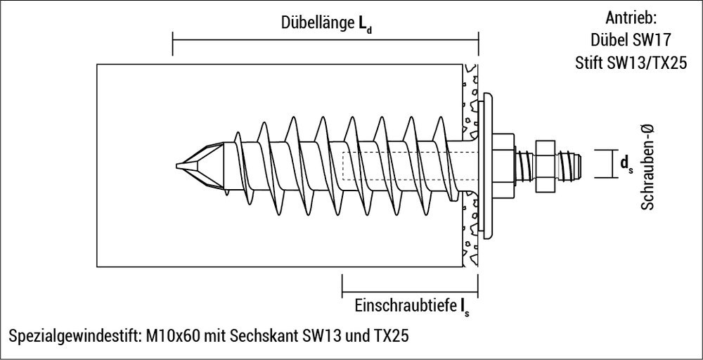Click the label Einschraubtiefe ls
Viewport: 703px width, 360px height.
[x=411, y=306]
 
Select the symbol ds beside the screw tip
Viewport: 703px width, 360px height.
[x=624, y=164]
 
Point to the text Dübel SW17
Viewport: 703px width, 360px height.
[x=628, y=41]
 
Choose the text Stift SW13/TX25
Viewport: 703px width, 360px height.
[x=628, y=63]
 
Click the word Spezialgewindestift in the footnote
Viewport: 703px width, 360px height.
[x=73, y=335]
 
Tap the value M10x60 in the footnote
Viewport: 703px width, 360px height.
[x=174, y=335]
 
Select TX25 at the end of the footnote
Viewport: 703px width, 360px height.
[x=392, y=335]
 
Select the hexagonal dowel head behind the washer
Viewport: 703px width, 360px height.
[x=503, y=165]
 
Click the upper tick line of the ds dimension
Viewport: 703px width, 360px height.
[x=605, y=150]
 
